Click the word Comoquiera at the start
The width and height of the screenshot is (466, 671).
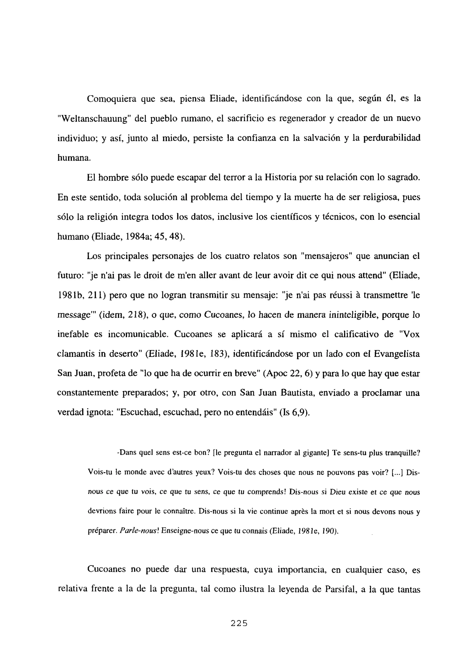coord(112,99)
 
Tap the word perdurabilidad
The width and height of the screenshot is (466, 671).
coord(392,138)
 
